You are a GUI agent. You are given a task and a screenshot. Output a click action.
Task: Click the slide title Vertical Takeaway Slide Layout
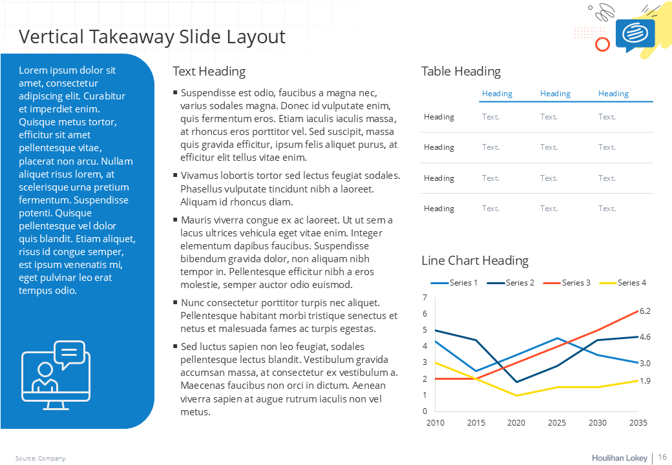click(152, 36)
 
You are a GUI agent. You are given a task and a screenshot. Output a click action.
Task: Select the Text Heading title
click(209, 71)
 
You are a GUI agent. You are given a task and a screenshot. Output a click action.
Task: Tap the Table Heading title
click(461, 71)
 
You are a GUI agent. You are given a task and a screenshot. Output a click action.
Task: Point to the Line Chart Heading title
click(474, 260)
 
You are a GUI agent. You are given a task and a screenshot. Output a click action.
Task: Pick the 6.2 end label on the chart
click(645, 311)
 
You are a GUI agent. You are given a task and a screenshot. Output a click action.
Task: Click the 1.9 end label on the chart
click(645, 380)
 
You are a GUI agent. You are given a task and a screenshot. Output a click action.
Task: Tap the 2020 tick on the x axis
click(516, 422)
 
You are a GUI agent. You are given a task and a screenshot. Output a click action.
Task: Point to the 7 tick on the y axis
click(425, 298)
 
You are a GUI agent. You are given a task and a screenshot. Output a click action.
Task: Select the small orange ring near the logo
click(602, 44)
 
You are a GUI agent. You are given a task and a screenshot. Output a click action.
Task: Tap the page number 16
click(662, 457)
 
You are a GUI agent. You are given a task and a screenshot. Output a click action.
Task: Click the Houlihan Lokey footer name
click(619, 458)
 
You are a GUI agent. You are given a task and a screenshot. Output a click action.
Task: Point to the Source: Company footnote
click(41, 459)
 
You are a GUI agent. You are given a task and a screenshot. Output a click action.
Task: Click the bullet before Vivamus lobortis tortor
click(175, 175)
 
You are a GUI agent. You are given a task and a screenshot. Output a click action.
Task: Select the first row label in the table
click(439, 117)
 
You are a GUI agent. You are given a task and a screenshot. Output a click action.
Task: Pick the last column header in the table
click(613, 94)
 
